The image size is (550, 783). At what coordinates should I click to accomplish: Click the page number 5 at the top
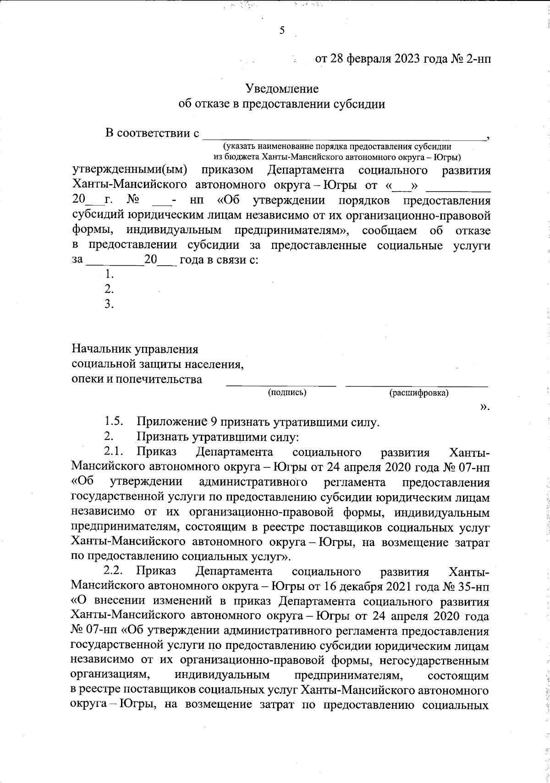tap(282, 31)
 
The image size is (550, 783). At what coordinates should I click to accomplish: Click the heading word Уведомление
tap(281, 88)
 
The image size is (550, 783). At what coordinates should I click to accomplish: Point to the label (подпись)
tap(287, 392)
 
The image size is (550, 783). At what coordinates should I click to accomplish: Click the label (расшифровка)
tap(418, 393)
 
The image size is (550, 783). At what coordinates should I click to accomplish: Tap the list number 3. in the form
tap(109, 304)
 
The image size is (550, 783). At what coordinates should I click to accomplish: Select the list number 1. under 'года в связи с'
tap(109, 274)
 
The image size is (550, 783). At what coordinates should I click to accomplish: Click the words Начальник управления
tap(135, 349)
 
